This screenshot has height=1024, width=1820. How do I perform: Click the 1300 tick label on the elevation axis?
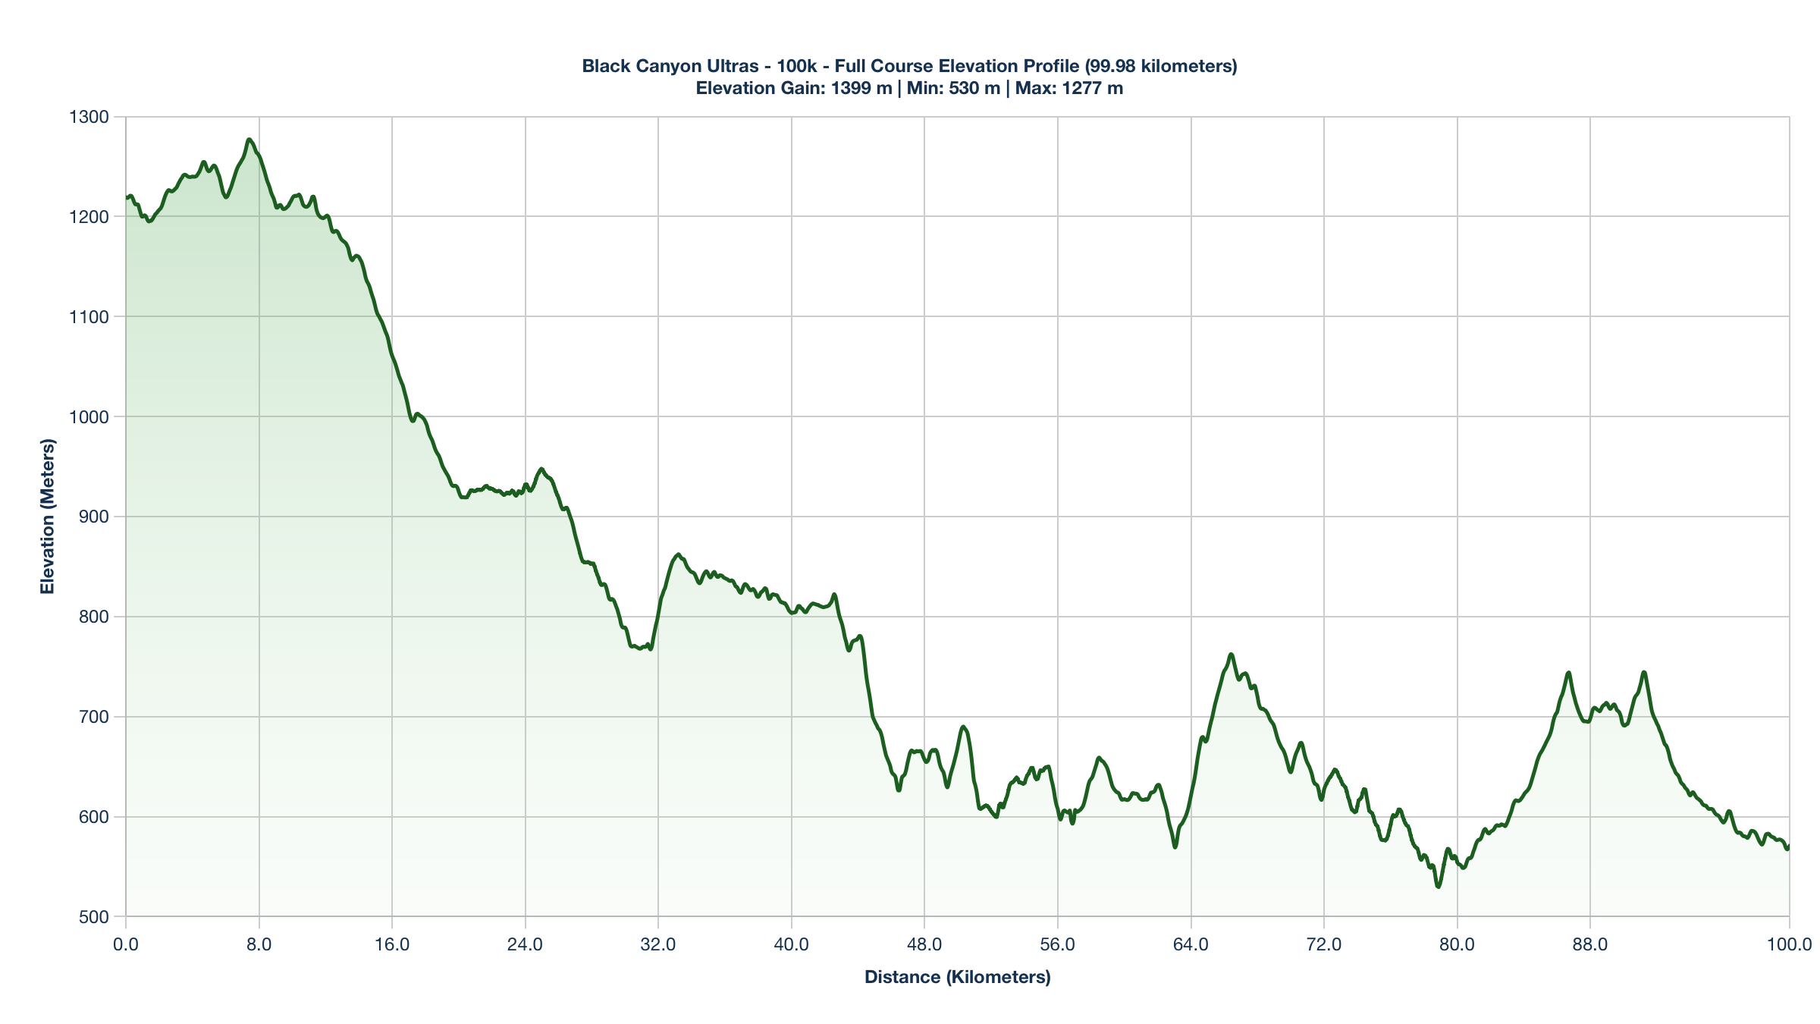pos(89,117)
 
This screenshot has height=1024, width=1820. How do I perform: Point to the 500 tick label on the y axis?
pos(94,917)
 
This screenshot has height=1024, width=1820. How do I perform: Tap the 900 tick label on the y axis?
pos(94,517)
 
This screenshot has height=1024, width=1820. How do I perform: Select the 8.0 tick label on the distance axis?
pos(259,945)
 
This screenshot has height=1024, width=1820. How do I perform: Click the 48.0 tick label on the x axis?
pos(924,945)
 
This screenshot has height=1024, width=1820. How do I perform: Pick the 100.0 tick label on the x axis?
pos(1789,945)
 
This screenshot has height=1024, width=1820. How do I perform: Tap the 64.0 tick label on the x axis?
pos(1191,945)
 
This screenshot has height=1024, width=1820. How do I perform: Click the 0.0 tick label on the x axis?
pos(126,945)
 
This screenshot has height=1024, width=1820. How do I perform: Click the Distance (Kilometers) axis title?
pos(957,977)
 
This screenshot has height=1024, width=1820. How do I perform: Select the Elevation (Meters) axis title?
pos(48,516)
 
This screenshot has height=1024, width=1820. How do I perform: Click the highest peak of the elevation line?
pos(249,140)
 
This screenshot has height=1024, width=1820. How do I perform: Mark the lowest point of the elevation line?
pos(1438,887)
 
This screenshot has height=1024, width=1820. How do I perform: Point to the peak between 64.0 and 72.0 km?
pos(1231,654)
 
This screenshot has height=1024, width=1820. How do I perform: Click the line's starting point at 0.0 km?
pos(127,198)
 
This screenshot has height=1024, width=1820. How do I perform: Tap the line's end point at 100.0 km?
pos(1788,847)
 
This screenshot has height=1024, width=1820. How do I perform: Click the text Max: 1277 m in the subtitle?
pos(1068,89)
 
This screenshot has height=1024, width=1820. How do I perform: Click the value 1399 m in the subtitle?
pos(861,89)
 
